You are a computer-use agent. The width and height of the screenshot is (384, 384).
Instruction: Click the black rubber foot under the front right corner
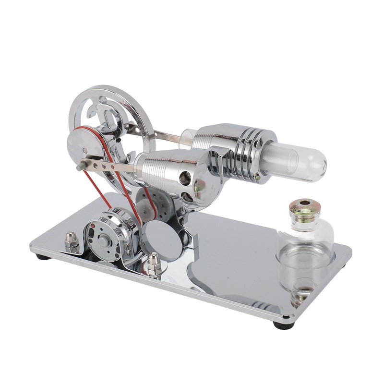(x=284, y=325)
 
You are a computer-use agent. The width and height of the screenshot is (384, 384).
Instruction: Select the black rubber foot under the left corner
(x=43, y=257)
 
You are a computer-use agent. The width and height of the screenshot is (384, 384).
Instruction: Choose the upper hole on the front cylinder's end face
(x=184, y=179)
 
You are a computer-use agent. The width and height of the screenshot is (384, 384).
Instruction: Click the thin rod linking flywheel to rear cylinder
(x=163, y=136)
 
